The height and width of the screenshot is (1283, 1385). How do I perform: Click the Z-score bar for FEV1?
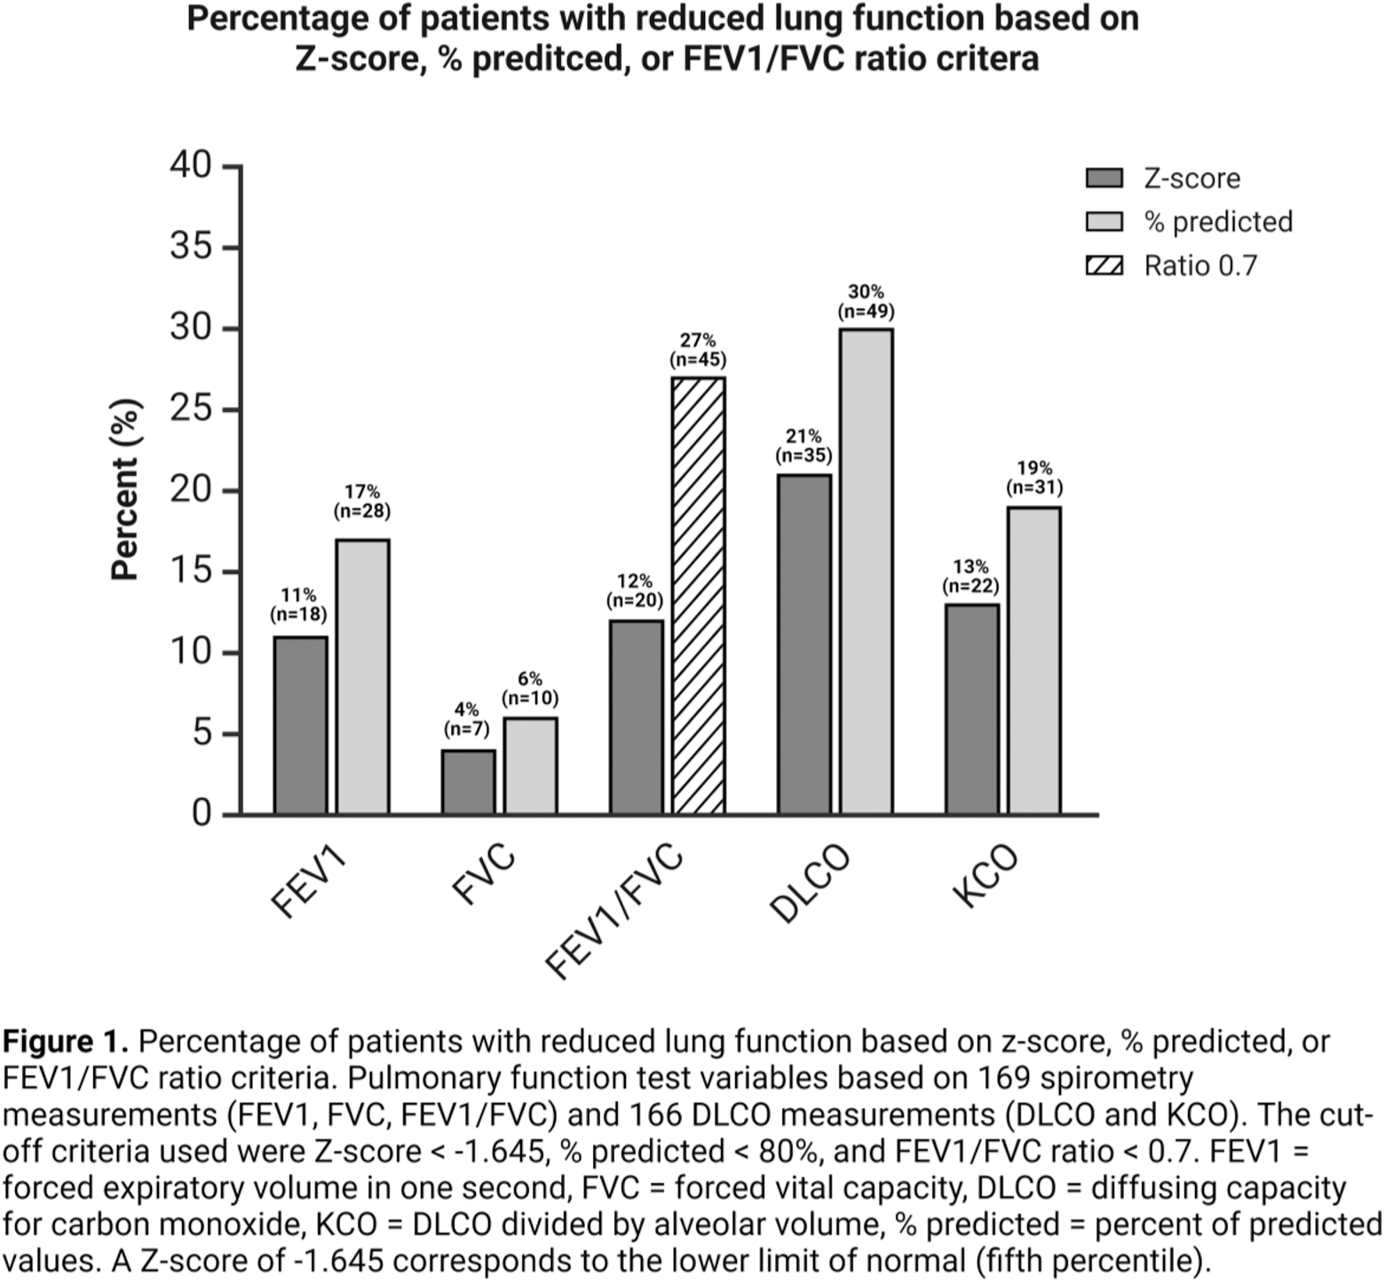[x=300, y=725]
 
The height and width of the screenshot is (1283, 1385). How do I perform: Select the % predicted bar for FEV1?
[x=362, y=677]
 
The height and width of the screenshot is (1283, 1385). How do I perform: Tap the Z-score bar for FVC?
[x=468, y=781]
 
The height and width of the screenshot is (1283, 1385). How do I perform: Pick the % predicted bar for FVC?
[x=530, y=765]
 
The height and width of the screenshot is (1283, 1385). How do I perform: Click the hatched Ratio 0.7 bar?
[x=698, y=595]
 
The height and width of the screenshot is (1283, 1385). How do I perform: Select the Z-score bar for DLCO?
[x=804, y=644]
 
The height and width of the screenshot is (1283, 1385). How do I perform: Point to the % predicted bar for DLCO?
[x=867, y=571]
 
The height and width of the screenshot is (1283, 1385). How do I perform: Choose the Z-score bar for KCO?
[x=972, y=709]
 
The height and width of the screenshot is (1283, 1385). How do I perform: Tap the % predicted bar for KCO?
[x=1034, y=661]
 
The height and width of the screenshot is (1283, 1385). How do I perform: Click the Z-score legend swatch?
[x=1104, y=178]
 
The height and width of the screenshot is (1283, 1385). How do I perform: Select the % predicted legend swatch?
[x=1104, y=222]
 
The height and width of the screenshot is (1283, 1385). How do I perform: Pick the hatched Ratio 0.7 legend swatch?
[x=1104, y=265]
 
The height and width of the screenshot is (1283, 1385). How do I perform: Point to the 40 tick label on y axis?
[x=191, y=165]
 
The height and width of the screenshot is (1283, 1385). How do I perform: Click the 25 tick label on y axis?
[x=191, y=409]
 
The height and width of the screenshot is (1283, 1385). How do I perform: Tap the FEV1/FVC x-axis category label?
[x=615, y=910]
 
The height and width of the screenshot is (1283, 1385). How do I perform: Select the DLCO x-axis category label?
[x=810, y=883]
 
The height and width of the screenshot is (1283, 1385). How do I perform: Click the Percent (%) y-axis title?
[x=126, y=490]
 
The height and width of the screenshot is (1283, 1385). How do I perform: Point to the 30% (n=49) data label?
[x=866, y=302]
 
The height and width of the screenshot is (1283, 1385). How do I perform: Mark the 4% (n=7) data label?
[x=466, y=719]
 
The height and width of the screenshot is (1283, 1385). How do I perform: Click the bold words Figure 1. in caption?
[x=67, y=1041]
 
